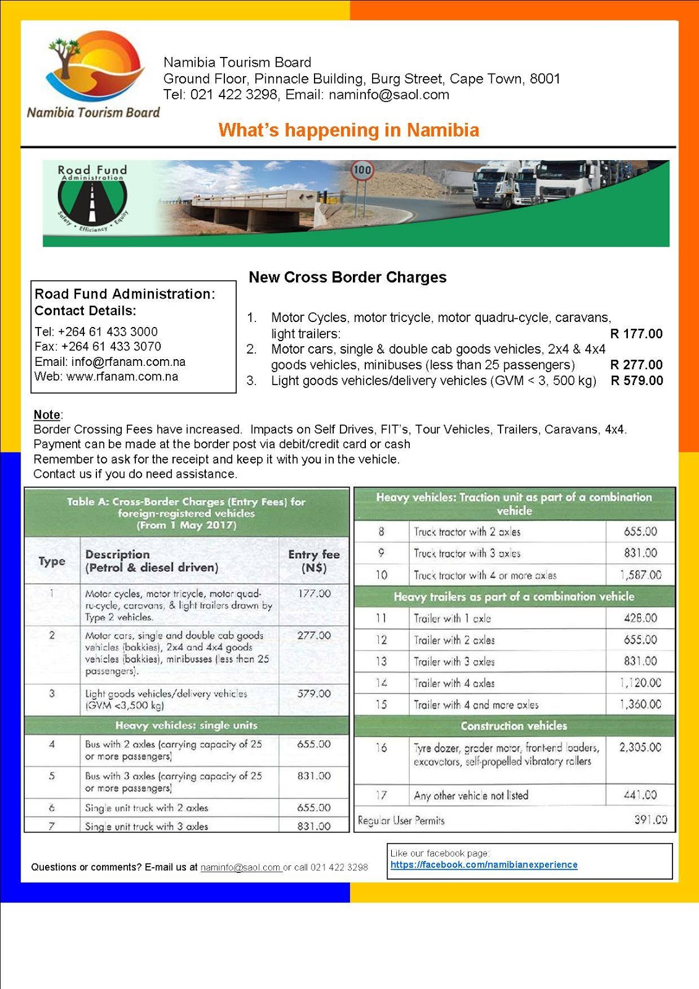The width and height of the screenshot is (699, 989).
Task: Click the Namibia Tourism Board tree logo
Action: [93, 71]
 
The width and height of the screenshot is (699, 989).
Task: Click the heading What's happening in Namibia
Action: [349, 130]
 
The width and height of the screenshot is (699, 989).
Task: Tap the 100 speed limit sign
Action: [362, 170]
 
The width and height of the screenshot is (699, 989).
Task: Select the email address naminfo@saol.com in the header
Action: [389, 95]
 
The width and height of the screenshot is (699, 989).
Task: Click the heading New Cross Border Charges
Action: [347, 277]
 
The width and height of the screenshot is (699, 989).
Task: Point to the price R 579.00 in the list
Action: [637, 381]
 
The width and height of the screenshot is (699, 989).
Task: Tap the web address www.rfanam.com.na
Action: [122, 376]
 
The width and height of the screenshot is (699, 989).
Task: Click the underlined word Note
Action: [47, 415]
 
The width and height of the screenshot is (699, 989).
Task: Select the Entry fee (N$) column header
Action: [314, 561]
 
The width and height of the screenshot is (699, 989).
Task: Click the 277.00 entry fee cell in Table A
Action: [314, 635]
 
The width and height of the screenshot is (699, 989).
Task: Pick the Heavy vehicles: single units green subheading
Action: [186, 725]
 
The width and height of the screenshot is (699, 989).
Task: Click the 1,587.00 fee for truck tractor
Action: [640, 575]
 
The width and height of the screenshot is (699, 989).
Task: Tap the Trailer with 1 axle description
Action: [452, 618]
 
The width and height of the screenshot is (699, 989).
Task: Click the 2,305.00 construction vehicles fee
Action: [640, 747]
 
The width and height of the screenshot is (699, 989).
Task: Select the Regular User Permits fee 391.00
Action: [650, 820]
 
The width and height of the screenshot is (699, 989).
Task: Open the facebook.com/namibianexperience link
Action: [484, 865]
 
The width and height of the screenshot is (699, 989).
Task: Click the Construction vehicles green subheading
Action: [514, 726]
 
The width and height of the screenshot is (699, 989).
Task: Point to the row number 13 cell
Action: [381, 661]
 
